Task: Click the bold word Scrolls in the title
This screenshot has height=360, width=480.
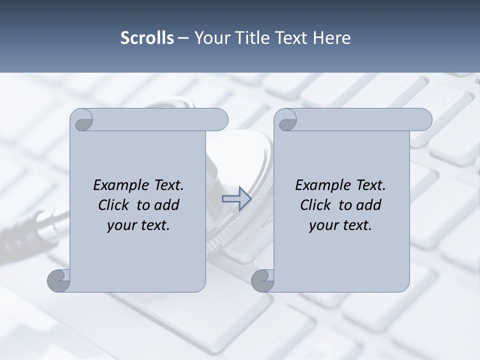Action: (x=147, y=38)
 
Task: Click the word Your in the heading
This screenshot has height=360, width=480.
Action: (x=210, y=38)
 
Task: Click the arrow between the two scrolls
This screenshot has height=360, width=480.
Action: (x=236, y=198)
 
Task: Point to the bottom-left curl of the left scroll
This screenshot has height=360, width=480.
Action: (x=58, y=280)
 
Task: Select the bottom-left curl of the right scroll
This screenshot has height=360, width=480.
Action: (x=262, y=280)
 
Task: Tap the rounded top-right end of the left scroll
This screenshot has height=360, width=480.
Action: (x=220, y=120)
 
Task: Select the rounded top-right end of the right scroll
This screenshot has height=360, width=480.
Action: (x=424, y=120)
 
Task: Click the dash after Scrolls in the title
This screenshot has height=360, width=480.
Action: (x=183, y=38)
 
